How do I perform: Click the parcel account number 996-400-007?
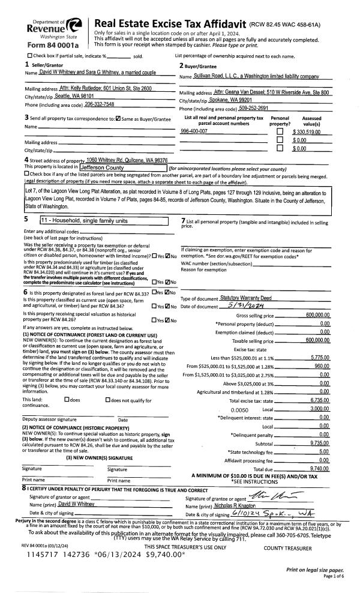click(194, 130)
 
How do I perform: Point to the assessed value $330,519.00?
click(307, 131)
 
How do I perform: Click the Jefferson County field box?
click(122, 167)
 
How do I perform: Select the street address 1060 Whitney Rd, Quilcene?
click(127, 160)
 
